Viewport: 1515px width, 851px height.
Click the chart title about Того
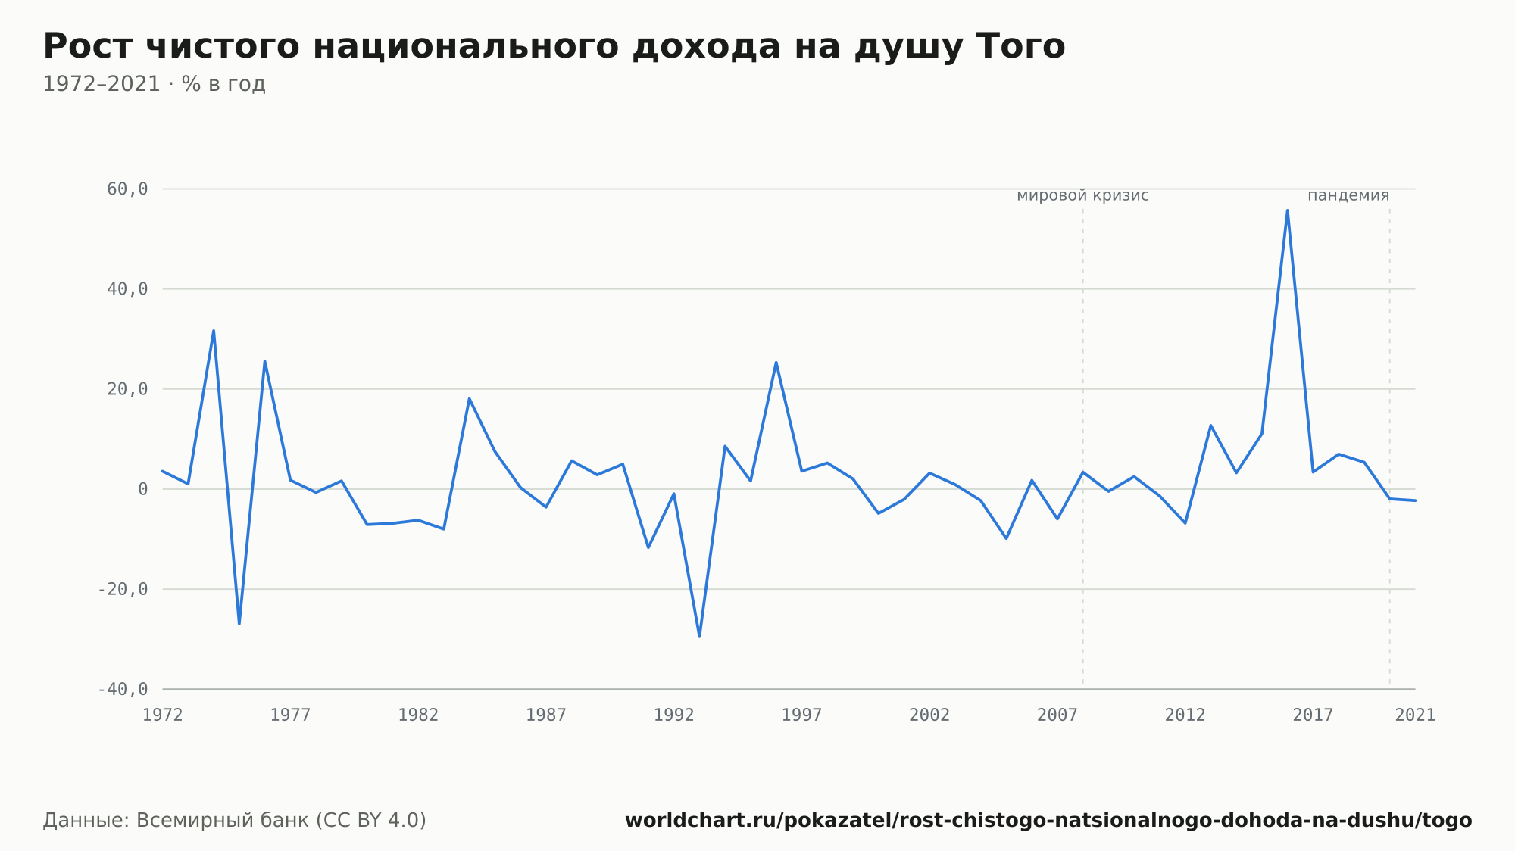554,46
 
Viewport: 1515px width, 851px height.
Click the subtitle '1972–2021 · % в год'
154,84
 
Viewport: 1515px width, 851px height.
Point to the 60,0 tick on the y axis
127,189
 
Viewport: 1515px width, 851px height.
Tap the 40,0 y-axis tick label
127,289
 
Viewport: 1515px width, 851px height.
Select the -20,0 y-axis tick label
123,589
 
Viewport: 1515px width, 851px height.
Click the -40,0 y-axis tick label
123,689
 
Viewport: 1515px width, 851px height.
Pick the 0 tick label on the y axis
142,489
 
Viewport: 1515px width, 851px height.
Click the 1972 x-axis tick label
163,715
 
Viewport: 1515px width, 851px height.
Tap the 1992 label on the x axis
674,715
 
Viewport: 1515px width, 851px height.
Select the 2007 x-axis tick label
1057,715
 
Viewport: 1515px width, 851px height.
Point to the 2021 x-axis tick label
1415,715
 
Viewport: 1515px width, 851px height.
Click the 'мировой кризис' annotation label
1082,196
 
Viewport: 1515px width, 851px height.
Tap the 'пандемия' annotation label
1348,196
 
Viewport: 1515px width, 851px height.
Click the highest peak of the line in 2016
1287,210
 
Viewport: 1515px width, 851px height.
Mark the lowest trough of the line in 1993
699,636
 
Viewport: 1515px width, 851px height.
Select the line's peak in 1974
214,331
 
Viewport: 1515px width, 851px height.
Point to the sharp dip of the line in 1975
239,623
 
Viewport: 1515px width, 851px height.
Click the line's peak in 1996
776,363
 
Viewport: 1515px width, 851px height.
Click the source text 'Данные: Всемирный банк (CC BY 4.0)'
235,821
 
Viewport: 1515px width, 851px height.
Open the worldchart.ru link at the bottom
1048,821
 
